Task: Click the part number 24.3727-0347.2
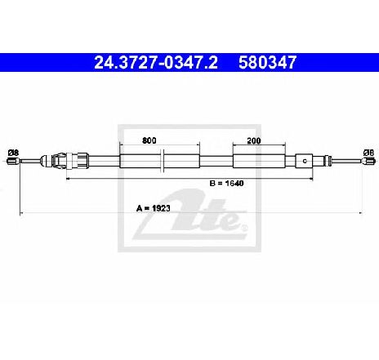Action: (156, 63)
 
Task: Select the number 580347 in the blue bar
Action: (267, 63)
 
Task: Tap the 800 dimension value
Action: (149, 140)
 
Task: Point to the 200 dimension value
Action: (254, 140)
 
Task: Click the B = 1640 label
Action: (226, 183)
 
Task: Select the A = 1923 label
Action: (154, 208)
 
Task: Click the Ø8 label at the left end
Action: (13, 153)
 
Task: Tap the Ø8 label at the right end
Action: (368, 153)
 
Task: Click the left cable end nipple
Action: (13, 161)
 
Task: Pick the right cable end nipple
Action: (368, 161)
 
